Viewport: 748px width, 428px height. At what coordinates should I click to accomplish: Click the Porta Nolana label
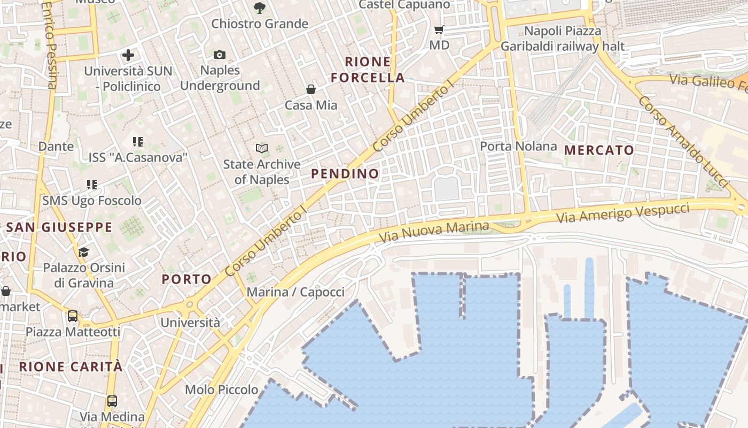click(518, 146)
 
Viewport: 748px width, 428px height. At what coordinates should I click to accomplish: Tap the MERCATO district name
click(599, 150)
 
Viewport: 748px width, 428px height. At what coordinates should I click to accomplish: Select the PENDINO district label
click(345, 173)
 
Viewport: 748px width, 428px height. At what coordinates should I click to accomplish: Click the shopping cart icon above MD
click(439, 30)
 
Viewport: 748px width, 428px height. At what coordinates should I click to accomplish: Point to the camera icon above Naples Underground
click(219, 55)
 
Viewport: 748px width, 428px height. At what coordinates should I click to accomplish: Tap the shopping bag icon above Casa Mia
click(310, 89)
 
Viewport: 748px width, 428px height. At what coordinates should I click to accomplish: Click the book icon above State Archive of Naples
click(261, 148)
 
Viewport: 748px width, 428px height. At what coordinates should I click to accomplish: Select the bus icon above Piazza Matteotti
click(72, 316)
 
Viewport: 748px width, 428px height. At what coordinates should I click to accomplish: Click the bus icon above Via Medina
click(112, 401)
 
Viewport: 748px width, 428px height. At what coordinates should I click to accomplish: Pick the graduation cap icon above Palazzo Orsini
click(83, 251)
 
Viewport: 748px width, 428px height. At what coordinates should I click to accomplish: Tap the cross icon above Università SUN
click(128, 55)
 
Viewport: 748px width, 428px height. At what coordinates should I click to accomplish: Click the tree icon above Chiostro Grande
click(259, 7)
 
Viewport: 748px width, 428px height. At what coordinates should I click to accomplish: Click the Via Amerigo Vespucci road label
click(622, 212)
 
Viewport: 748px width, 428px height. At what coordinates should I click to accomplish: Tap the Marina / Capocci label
click(295, 292)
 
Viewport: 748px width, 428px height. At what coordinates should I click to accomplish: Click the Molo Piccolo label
click(221, 389)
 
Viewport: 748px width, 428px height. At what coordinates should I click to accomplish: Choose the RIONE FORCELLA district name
click(368, 70)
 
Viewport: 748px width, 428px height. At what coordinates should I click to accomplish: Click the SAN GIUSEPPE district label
click(59, 227)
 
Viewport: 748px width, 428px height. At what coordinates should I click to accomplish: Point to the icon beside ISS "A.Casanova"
click(138, 141)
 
